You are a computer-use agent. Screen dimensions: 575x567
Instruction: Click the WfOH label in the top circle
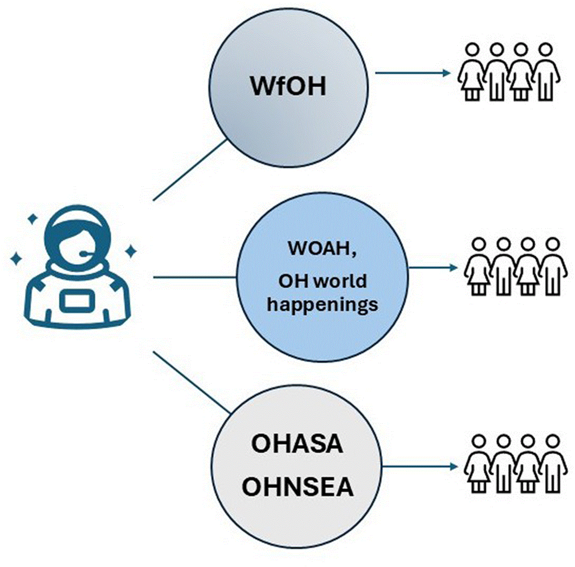coord(288,86)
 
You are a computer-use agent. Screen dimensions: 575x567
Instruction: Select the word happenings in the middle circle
coord(322,304)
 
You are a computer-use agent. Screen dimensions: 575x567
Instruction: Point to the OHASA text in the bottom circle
coord(297,444)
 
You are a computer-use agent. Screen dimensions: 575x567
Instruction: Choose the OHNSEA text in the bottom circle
coord(297,487)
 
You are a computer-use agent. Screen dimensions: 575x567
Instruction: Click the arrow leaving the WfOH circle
coord(413,73)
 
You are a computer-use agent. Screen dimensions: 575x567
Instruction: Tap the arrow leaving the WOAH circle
coord(433,267)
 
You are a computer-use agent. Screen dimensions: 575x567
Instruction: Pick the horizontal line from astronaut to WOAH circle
coord(195,277)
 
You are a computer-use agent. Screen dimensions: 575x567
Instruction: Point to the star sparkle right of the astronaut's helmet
coord(130,251)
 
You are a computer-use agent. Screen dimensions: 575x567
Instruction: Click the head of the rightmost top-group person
coord(546,50)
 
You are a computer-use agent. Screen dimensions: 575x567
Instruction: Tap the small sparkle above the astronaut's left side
coord(32,219)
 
